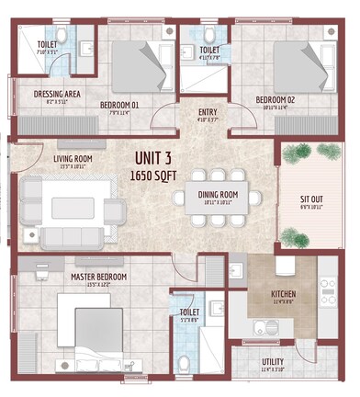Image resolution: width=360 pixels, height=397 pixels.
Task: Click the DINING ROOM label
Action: pyautogui.click(x=218, y=194)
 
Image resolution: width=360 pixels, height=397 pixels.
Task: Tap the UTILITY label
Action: pyautogui.click(x=273, y=362)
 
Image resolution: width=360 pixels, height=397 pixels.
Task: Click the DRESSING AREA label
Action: pyautogui.click(x=55, y=93)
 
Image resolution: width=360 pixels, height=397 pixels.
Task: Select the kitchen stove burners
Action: pyautogui.click(x=327, y=286)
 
